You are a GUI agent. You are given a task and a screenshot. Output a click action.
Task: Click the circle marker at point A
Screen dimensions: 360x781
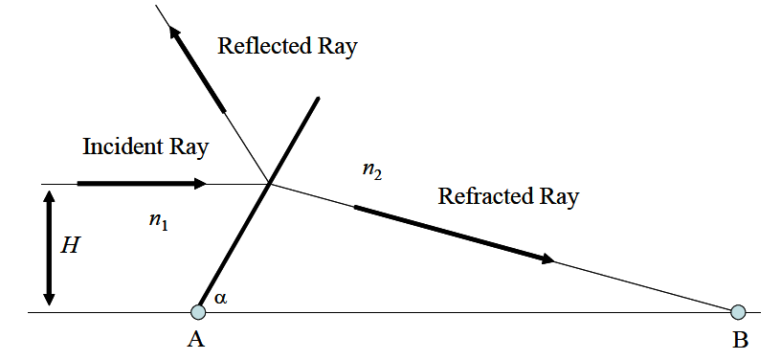(198, 311)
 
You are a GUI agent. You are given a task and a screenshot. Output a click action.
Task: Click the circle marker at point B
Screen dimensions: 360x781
(738, 311)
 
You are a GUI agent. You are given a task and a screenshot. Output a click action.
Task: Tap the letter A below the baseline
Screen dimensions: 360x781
(199, 340)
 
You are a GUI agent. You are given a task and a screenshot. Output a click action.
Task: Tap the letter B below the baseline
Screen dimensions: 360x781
(739, 340)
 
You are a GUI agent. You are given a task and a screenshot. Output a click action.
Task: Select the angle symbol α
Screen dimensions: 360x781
(221, 299)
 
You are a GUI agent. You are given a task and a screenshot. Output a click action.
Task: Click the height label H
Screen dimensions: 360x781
(70, 246)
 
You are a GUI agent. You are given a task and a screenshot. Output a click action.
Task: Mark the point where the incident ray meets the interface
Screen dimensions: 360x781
(270, 183)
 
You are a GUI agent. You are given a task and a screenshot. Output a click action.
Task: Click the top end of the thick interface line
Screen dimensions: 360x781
(318, 98)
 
